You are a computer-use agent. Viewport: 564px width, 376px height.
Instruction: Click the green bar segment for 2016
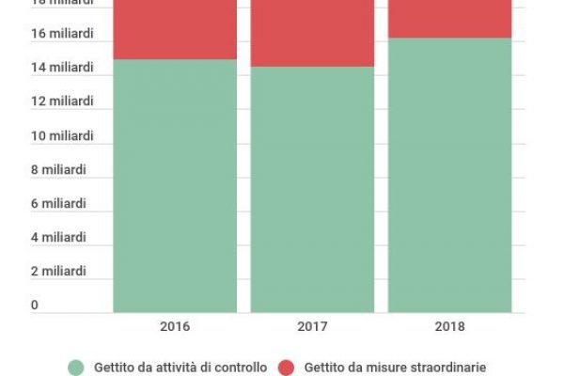tap(175, 185)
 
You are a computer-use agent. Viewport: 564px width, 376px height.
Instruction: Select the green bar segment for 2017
tap(312, 189)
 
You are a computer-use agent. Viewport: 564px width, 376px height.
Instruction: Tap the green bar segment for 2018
tap(449, 175)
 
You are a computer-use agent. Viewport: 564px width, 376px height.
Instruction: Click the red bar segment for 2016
tap(175, 29)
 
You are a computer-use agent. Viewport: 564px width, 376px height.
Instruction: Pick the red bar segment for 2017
tap(312, 33)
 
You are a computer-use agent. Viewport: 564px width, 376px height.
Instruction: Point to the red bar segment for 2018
tap(449, 19)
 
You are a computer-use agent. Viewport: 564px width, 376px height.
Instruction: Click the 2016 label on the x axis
tap(175, 327)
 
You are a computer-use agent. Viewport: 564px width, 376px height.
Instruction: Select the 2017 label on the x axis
tap(312, 327)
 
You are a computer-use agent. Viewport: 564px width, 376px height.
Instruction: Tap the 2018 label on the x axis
tap(449, 327)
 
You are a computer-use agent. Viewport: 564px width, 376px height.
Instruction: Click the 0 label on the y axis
tap(35, 305)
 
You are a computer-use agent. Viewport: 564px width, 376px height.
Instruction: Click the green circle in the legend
tap(77, 366)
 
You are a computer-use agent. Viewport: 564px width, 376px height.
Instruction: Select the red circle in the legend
tap(288, 366)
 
